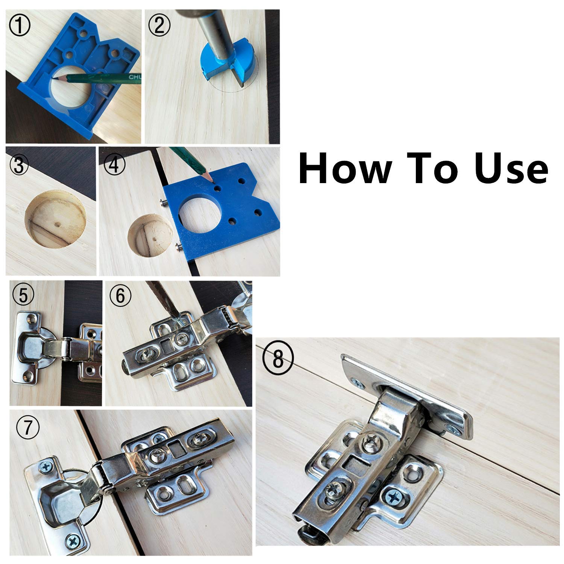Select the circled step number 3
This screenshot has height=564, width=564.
[x=19, y=166]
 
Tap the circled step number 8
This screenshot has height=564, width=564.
[x=277, y=359]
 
